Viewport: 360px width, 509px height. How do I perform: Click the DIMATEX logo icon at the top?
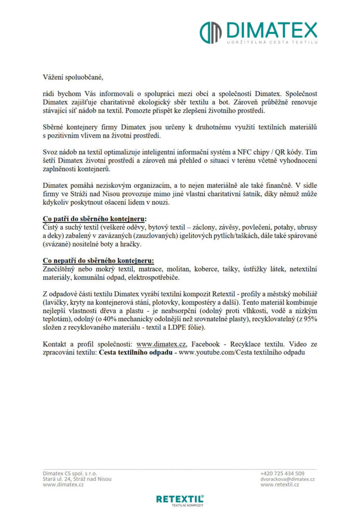(210, 32)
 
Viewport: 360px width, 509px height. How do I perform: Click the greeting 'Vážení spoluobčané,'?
(74, 77)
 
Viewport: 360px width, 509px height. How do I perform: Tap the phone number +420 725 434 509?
(282, 473)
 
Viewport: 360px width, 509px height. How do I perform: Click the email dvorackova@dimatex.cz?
(287, 479)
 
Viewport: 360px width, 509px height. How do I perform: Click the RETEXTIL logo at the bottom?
(180, 499)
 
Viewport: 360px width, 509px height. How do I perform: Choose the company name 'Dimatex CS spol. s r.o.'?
(70, 473)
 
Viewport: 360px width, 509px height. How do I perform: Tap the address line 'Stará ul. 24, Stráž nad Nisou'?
(77, 479)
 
